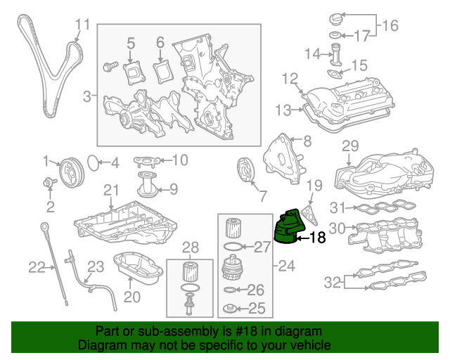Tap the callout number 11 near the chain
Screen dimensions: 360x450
coord(83,25)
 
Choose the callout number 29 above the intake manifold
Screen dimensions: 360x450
coord(350,146)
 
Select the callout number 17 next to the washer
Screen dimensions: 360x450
coord(361,35)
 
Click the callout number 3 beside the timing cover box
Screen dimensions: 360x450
coord(86,96)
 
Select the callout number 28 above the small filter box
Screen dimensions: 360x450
coord(191,247)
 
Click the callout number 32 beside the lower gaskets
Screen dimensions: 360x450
coord(333,283)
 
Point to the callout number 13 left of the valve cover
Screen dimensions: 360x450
coord(283,110)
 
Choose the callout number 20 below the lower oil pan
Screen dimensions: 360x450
coord(132,297)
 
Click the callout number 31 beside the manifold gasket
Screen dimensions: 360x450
coord(338,207)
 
